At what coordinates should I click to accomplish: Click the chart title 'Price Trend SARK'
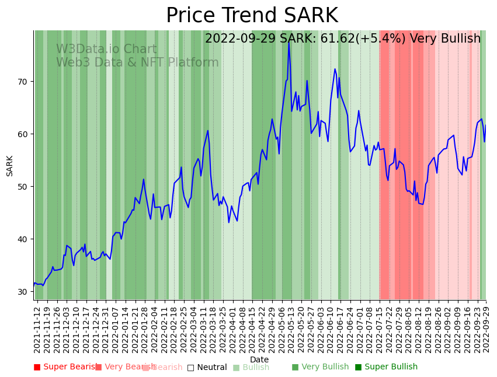click(252, 16)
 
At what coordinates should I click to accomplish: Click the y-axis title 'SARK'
click(10, 166)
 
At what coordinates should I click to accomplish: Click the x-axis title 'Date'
click(259, 360)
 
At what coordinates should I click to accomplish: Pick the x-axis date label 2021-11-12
click(37, 330)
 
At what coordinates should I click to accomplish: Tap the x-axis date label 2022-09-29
click(485, 330)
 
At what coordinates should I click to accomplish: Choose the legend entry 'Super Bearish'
click(65, 367)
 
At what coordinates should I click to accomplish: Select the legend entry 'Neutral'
click(207, 367)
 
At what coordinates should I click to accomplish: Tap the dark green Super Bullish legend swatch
click(358, 367)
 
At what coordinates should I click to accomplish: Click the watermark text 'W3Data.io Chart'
click(106, 50)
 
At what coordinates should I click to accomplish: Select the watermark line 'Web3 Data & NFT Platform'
click(137, 63)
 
